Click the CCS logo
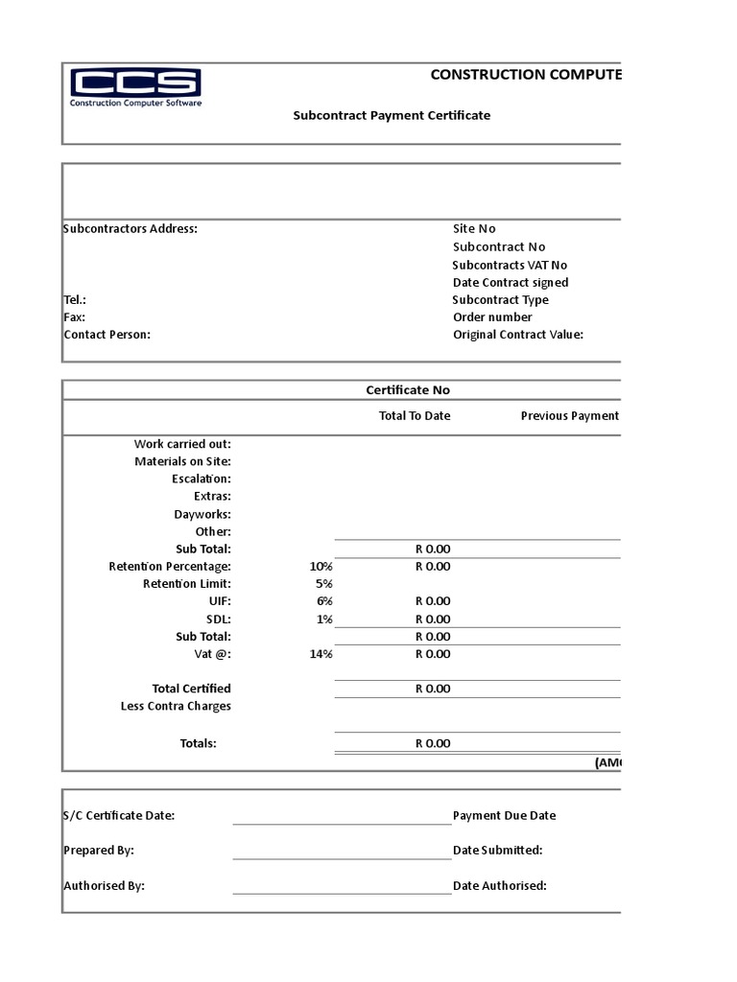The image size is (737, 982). (135, 88)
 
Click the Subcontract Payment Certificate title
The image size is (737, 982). (392, 115)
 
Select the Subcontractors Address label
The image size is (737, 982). (131, 229)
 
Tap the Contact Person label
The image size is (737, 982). (107, 335)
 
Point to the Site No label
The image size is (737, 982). (474, 229)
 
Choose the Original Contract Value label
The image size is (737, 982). (518, 335)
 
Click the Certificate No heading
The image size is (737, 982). (408, 390)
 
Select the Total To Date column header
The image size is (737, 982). (415, 416)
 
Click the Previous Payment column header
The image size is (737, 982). (569, 416)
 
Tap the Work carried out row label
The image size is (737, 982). (182, 444)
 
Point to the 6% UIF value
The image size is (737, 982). (323, 601)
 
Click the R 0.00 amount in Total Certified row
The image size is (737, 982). (432, 689)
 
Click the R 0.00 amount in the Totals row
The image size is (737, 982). (432, 743)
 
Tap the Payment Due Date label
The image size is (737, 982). (504, 816)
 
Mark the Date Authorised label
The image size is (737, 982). (499, 886)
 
